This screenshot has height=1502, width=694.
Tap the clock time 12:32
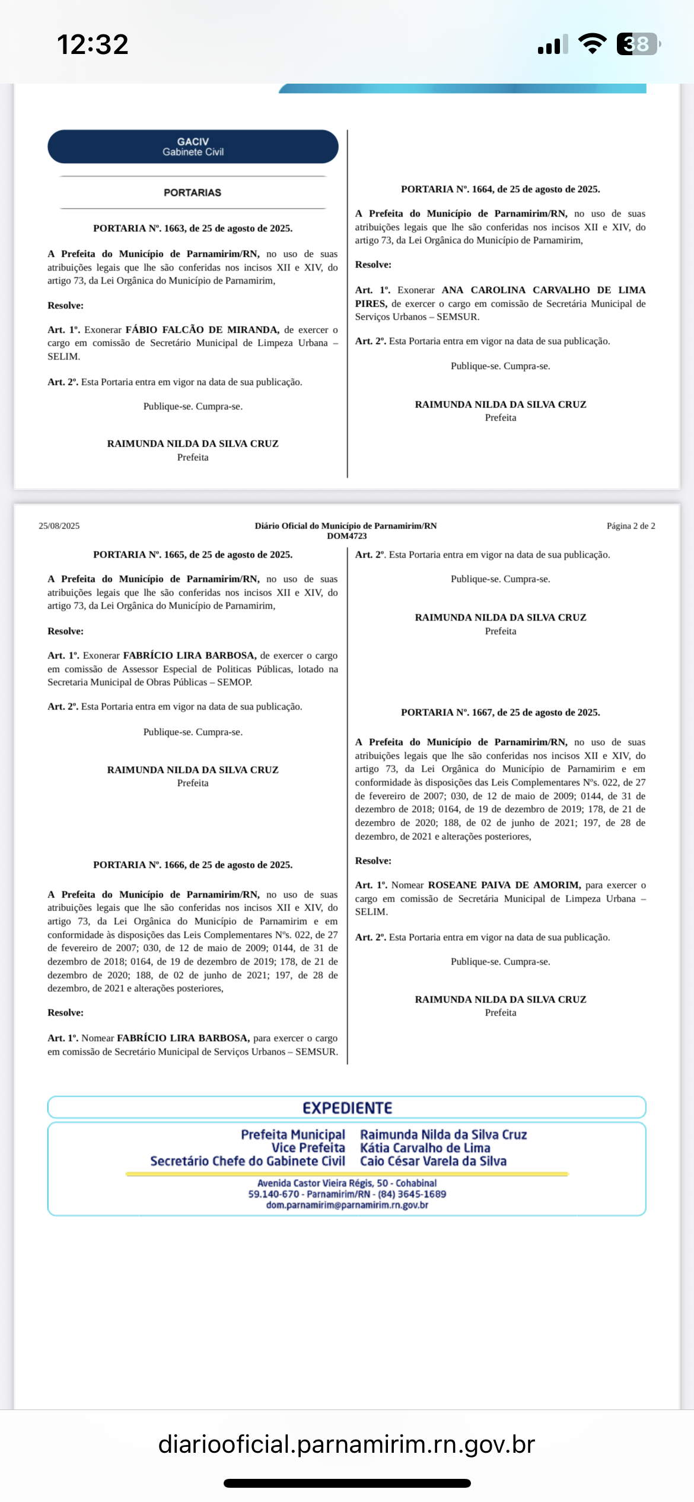pos(93,44)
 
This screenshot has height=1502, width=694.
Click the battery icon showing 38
pos(638,44)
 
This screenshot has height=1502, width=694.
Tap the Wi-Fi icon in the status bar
pos(592,44)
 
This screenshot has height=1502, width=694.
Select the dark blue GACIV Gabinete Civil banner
pos(193,147)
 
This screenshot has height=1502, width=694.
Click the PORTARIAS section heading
pos(193,193)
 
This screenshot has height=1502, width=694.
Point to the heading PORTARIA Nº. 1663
pos(193,228)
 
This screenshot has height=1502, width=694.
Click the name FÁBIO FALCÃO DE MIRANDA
pos(202,330)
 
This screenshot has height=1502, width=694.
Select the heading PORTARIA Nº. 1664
pos(500,189)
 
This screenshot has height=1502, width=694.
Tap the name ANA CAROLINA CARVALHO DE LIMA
pos(543,290)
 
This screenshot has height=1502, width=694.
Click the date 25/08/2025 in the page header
pos(59,526)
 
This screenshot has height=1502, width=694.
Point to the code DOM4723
pos(346,536)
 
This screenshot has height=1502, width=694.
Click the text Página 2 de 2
pos(631,526)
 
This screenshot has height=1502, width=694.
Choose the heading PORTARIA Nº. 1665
pos(193,555)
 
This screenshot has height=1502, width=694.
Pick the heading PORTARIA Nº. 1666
pos(193,865)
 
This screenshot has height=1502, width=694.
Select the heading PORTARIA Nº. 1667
pos(500,712)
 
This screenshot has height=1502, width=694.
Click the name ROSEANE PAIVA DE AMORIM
pos(504,885)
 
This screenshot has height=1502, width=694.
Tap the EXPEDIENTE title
pos(347,1108)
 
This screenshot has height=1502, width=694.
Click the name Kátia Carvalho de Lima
pos(425,1148)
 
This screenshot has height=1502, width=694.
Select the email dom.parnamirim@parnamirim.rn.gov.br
pos(347,1205)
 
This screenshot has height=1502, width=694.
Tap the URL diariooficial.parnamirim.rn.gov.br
pos(346,1444)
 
